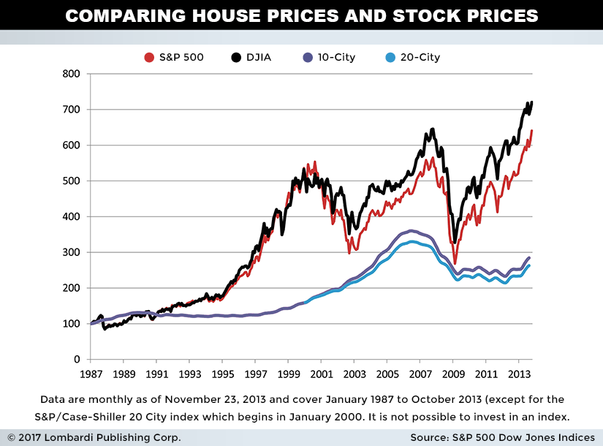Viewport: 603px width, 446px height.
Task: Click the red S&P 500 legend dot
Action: click(x=149, y=57)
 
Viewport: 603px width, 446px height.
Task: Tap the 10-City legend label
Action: click(x=335, y=57)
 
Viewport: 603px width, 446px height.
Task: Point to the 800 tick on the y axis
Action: click(x=70, y=74)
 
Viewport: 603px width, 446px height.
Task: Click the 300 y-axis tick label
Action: click(x=70, y=252)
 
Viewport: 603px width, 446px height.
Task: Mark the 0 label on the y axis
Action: click(x=76, y=360)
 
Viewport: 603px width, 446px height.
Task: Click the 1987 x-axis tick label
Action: click(x=90, y=374)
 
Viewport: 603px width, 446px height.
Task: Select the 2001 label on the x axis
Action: click(x=322, y=374)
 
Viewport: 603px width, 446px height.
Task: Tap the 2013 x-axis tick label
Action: click(x=519, y=374)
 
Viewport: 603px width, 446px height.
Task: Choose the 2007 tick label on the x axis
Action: click(x=420, y=374)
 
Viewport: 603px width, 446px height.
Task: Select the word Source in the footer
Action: click(x=433, y=437)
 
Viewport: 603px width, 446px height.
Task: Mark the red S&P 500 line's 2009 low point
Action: click(x=455, y=263)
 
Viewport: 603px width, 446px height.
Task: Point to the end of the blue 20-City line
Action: click(x=529, y=265)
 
